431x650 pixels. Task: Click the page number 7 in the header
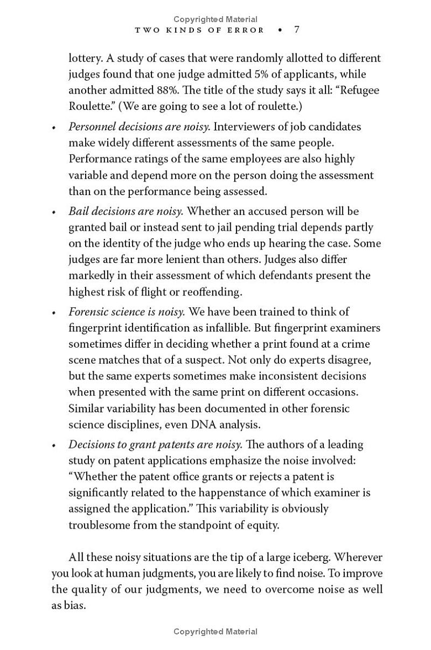pyautogui.click(x=296, y=30)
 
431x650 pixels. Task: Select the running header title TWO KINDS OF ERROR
pyautogui.click(x=199, y=30)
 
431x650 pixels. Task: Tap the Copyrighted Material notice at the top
pyautogui.click(x=215, y=19)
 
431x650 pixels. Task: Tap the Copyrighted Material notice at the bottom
pyautogui.click(x=215, y=632)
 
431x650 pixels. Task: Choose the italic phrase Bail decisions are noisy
pyautogui.click(x=126, y=211)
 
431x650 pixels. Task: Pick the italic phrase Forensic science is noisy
pyautogui.click(x=127, y=312)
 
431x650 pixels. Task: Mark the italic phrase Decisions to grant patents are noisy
pyautogui.click(x=155, y=445)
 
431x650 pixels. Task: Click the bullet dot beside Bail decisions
pyautogui.click(x=53, y=212)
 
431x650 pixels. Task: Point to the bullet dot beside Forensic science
pyautogui.click(x=53, y=313)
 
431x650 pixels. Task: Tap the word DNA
pyautogui.click(x=203, y=424)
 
